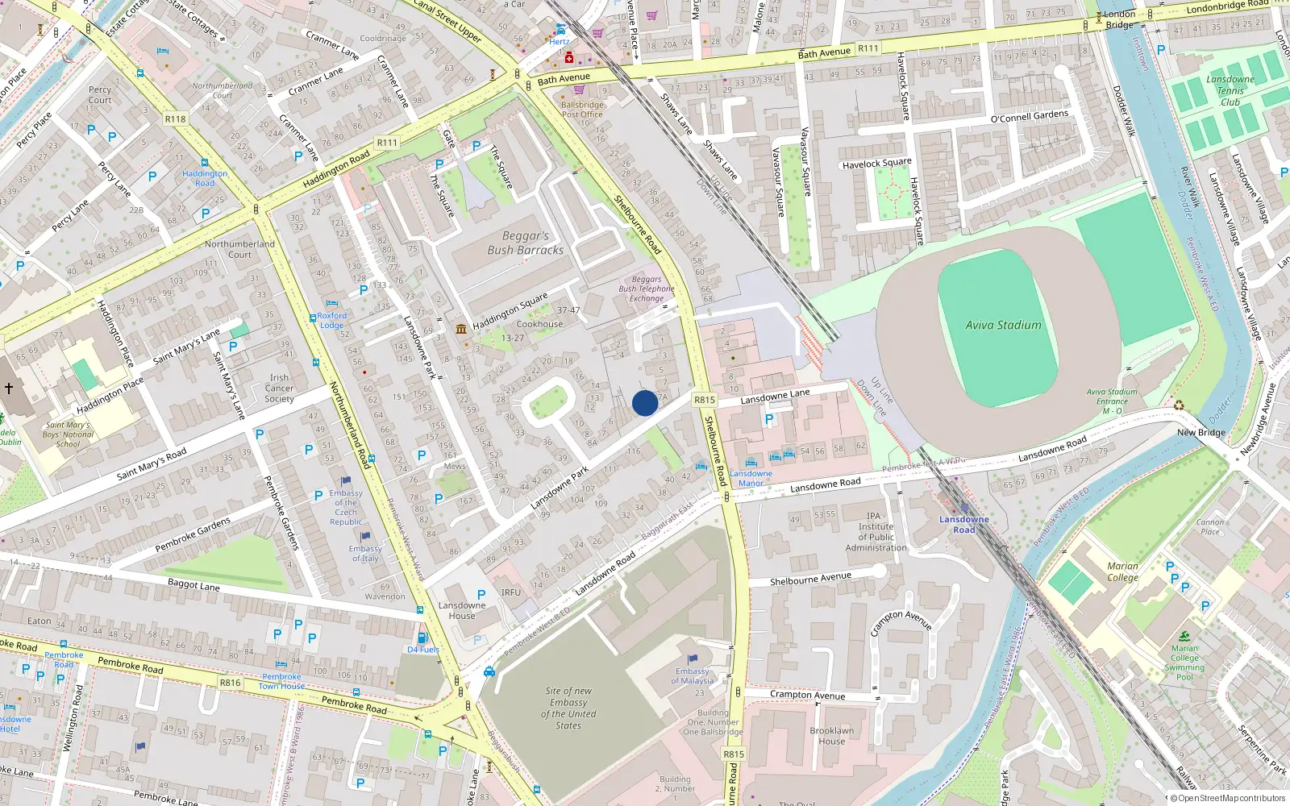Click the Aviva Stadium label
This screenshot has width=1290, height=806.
pyautogui.click(x=1003, y=325)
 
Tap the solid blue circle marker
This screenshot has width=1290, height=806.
pyautogui.click(x=645, y=403)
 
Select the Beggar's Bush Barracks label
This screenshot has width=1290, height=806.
pyautogui.click(x=525, y=243)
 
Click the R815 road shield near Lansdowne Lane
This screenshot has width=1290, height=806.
pyautogui.click(x=705, y=399)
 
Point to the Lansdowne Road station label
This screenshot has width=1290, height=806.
pyautogui.click(x=963, y=524)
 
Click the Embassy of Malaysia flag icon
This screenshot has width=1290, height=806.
pyautogui.click(x=692, y=659)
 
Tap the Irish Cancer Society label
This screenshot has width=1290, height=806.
pyautogui.click(x=279, y=388)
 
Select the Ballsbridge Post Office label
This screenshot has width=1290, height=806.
pyautogui.click(x=582, y=110)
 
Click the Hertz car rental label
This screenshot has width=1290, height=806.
pyautogui.click(x=559, y=42)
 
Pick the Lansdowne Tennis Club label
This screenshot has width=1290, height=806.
pyautogui.click(x=1230, y=90)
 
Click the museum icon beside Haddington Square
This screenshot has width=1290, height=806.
pyautogui.click(x=461, y=329)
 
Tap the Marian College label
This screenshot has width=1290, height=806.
pyautogui.click(x=1122, y=571)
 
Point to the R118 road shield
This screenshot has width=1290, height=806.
pyautogui.click(x=175, y=118)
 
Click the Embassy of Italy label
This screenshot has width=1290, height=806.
pyautogui.click(x=365, y=553)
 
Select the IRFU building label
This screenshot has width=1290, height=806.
pyautogui.click(x=510, y=592)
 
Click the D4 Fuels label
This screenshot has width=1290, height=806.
pyautogui.click(x=423, y=650)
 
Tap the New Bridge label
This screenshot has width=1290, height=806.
pyautogui.click(x=1201, y=432)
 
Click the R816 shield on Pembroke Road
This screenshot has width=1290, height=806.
pyautogui.click(x=230, y=682)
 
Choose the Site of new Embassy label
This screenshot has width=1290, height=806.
pyautogui.click(x=568, y=708)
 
